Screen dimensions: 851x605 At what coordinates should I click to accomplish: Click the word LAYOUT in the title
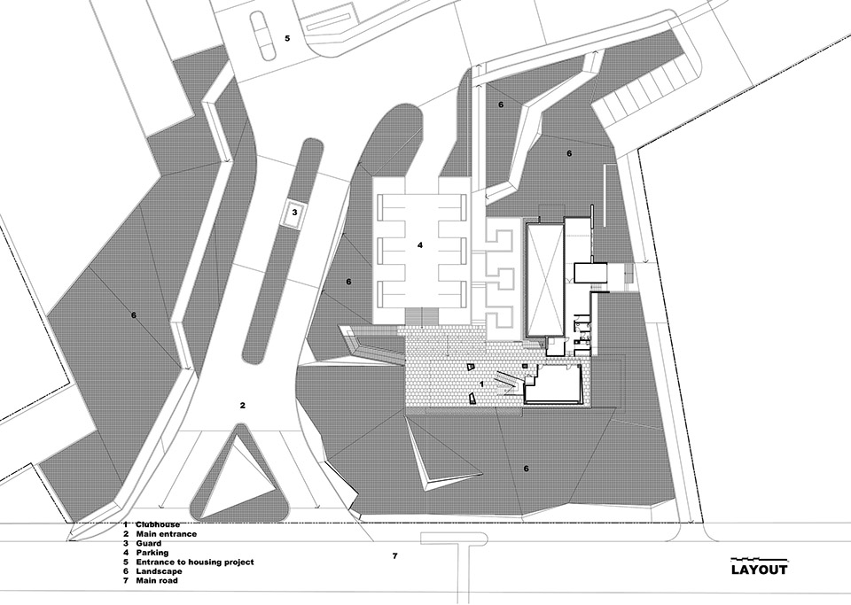click(759, 570)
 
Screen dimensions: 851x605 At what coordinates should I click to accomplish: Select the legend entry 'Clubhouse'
click(158, 524)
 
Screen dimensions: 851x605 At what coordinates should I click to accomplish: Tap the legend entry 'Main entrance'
click(166, 534)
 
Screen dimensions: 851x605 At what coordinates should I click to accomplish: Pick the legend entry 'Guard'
click(148, 543)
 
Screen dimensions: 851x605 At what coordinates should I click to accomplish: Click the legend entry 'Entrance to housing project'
click(195, 562)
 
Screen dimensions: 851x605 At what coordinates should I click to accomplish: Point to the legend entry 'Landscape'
click(159, 571)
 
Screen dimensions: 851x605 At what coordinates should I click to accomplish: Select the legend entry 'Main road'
click(157, 580)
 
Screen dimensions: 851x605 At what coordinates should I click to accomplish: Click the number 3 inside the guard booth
click(294, 212)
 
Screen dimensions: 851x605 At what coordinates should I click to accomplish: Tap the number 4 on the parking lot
click(419, 245)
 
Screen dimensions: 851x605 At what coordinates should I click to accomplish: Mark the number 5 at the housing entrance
click(287, 38)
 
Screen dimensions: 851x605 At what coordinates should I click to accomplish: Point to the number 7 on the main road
click(395, 555)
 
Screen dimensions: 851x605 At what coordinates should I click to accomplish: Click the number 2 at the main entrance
click(243, 405)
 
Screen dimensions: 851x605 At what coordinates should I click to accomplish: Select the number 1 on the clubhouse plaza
click(481, 384)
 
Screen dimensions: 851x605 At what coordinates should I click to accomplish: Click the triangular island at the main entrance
click(237, 477)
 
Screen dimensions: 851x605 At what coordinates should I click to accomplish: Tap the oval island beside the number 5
click(263, 37)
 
